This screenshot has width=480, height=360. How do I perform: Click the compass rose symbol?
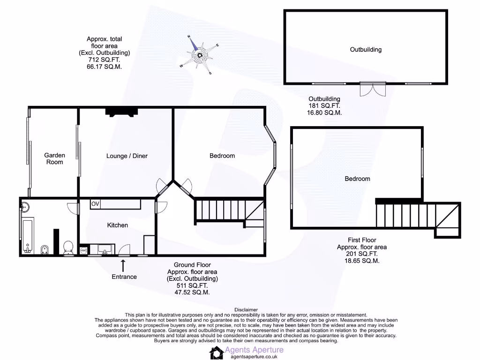pyautogui.click(x=200, y=55)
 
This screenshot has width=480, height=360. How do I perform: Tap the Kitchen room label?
pyautogui.click(x=117, y=225)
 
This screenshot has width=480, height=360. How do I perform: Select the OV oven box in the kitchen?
pyautogui.click(x=95, y=204)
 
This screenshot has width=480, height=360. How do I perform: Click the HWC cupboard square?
pyautogui.click(x=84, y=251)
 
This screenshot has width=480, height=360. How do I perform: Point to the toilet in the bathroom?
pyautogui.click(x=68, y=247)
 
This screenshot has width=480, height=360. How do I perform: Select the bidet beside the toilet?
pyautogui.click(x=45, y=248)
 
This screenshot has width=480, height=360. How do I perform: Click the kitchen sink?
pyautogui.click(x=105, y=248)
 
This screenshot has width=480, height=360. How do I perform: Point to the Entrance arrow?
pyautogui.click(x=124, y=266)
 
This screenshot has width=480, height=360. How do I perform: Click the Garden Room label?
pyautogui.click(x=54, y=158)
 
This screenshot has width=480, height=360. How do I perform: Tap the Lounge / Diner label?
pyautogui.click(x=127, y=156)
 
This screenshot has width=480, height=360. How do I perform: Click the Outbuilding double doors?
pyautogui.click(x=373, y=89)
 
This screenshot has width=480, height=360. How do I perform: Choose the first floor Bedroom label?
pyautogui.click(x=357, y=179)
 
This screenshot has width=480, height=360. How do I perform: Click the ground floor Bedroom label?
pyautogui.click(x=222, y=156)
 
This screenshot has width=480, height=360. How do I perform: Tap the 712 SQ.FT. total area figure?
pyautogui.click(x=104, y=60)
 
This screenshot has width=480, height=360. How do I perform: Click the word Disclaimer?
pyautogui.click(x=246, y=309)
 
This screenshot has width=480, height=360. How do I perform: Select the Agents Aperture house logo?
pyautogui.click(x=216, y=353)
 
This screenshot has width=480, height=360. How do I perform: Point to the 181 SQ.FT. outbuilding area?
pyautogui.click(x=324, y=106)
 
